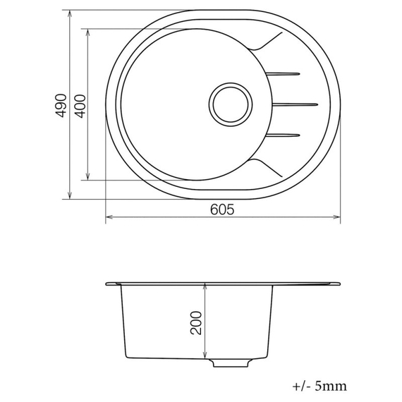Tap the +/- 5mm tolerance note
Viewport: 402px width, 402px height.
[319, 386]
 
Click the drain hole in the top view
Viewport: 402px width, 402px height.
[231, 104]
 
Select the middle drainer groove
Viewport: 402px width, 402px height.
[292, 104]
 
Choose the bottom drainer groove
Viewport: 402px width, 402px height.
[285, 135]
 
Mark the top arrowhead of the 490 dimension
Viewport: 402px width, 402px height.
[69, 13]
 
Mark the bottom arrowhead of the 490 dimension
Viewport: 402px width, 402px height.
[69, 197]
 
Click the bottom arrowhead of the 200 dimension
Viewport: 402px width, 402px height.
[205, 355]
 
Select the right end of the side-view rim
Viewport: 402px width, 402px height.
[339, 284]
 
